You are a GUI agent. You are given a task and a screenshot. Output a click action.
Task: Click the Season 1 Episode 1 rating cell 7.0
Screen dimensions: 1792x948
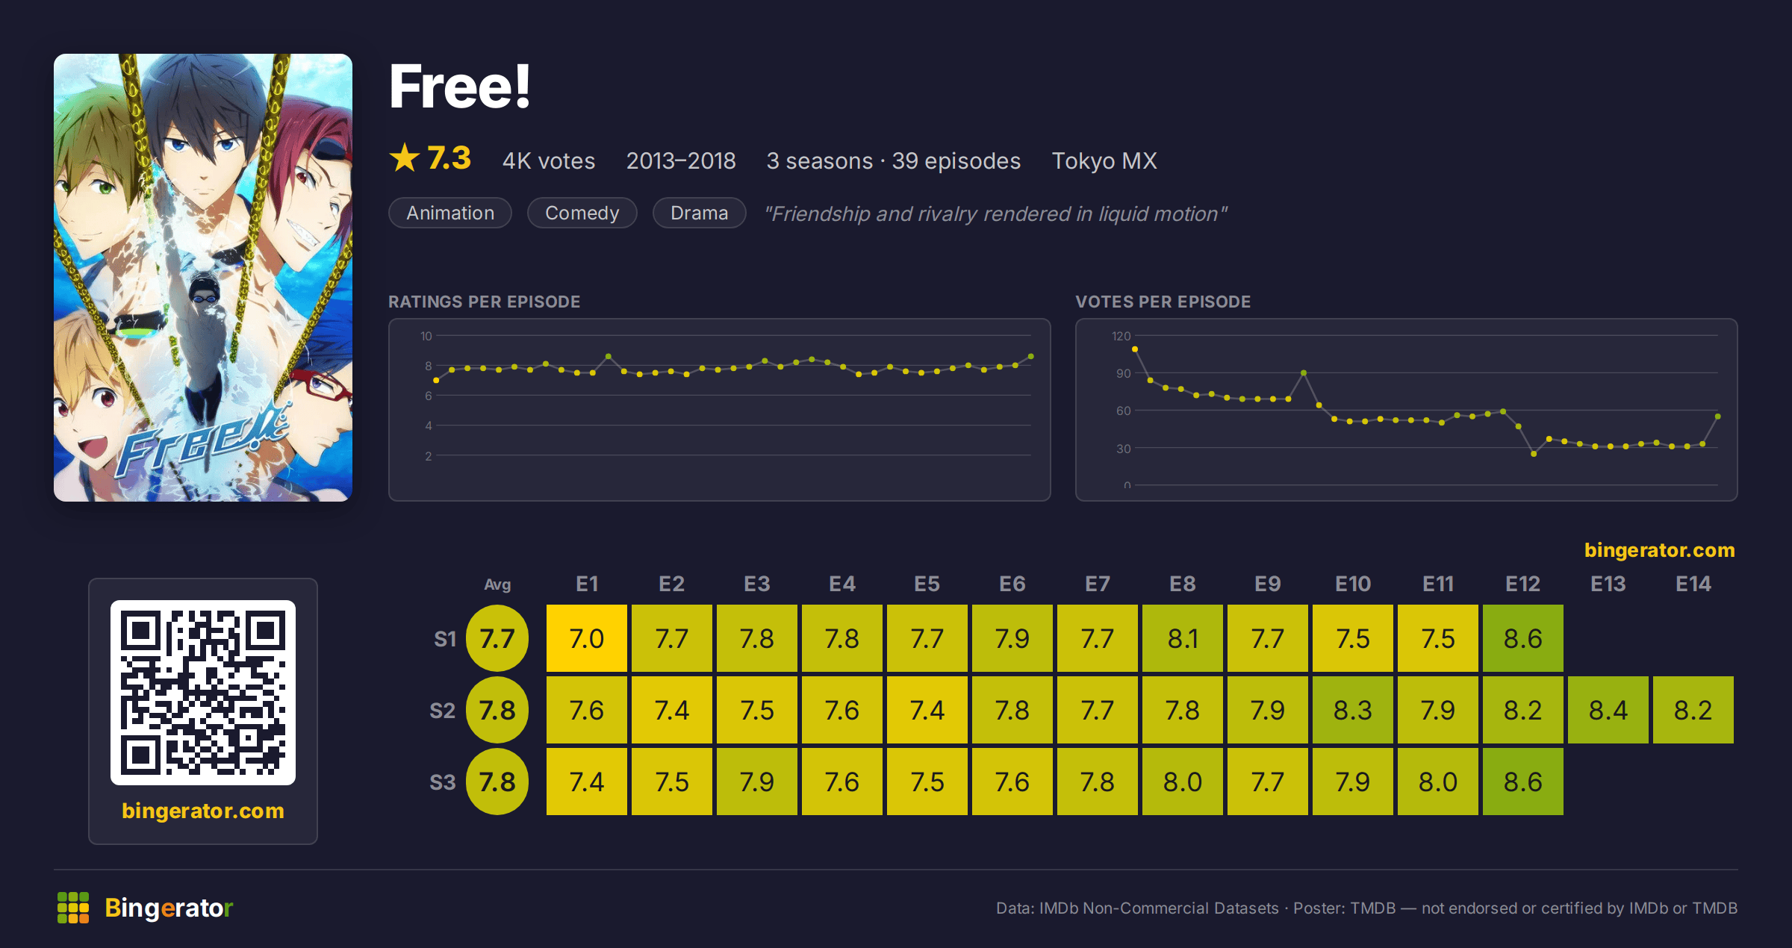click(586, 638)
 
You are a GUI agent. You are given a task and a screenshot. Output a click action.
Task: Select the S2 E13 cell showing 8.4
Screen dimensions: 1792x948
click(1608, 710)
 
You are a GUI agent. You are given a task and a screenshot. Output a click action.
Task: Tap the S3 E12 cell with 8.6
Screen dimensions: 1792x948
click(1522, 782)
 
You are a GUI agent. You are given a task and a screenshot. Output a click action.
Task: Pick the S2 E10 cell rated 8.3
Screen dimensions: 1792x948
click(1352, 710)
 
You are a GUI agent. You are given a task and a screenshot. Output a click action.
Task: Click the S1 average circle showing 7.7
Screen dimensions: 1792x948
click(497, 638)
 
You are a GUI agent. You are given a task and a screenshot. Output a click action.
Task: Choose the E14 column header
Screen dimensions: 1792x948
click(1693, 584)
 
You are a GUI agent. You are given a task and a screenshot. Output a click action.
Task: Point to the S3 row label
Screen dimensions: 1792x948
click(442, 782)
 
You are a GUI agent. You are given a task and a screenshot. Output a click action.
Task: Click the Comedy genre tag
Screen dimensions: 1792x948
click(582, 213)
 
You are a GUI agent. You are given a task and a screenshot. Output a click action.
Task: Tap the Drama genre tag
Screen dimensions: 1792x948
click(699, 213)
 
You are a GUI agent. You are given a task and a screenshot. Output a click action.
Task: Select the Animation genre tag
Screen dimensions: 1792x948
click(449, 213)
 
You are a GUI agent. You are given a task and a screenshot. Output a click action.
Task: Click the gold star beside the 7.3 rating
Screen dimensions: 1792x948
click(405, 158)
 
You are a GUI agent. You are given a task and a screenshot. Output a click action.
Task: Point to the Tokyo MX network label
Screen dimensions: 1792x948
click(1104, 160)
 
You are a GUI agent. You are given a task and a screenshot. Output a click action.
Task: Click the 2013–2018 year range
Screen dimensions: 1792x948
click(680, 160)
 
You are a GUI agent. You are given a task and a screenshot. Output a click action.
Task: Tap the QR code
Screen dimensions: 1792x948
click(203, 692)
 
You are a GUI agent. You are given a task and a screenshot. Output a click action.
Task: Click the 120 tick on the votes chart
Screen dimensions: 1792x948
click(1121, 336)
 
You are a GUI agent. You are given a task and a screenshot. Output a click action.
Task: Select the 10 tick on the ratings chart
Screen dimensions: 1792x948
click(426, 336)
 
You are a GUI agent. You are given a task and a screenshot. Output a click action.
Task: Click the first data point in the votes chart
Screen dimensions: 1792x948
click(1135, 349)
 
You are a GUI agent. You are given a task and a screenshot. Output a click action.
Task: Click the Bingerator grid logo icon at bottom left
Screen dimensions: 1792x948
click(73, 908)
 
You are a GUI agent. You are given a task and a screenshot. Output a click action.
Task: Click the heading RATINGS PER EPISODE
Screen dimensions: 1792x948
click(484, 302)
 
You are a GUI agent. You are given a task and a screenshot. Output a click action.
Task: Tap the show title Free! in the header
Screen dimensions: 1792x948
click(460, 87)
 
